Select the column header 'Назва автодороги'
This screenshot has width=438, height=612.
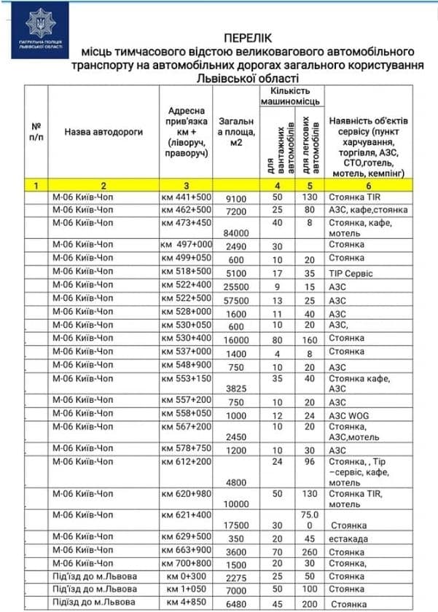pyautogui.click(x=103, y=133)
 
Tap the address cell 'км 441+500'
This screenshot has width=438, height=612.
pyautogui.click(x=186, y=197)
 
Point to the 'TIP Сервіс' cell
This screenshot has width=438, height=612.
pyautogui.click(x=351, y=274)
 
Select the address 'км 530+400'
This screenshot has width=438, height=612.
pyautogui.click(x=186, y=338)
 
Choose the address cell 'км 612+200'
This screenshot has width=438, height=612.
pyautogui.click(x=186, y=462)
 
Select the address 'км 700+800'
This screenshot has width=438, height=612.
pyautogui.click(x=186, y=563)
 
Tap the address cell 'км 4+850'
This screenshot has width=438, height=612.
pyautogui.click(x=186, y=603)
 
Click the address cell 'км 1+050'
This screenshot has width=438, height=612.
pyautogui.click(x=186, y=589)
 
